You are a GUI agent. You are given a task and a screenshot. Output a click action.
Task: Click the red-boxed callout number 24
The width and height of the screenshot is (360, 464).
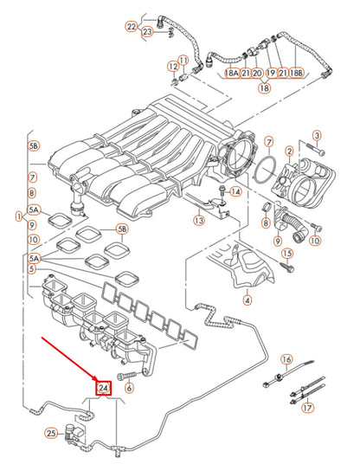(104, 388)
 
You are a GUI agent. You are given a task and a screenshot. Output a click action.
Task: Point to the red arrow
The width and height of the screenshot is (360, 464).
(68, 360)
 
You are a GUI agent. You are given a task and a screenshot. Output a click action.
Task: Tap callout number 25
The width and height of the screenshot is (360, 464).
(51, 432)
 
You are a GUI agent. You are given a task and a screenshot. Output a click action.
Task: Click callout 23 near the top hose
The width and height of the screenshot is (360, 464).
(147, 32)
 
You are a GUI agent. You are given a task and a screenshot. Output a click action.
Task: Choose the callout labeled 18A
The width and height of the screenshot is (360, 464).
(232, 74)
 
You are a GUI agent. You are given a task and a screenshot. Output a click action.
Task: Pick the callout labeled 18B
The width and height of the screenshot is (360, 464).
(296, 74)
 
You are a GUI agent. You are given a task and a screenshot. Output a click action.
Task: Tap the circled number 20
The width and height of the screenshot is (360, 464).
(257, 74)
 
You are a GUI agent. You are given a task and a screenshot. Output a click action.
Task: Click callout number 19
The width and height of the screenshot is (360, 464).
(270, 74)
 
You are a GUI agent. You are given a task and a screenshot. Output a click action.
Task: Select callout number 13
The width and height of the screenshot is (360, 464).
(199, 221)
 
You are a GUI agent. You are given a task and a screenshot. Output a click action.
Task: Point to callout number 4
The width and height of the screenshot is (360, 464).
(247, 300)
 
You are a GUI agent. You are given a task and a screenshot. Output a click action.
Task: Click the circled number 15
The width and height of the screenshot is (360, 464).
(288, 254)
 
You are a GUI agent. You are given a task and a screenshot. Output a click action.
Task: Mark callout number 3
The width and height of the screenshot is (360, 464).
(316, 135)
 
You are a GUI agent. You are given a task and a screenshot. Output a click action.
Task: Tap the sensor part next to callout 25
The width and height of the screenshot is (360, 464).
(76, 429)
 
